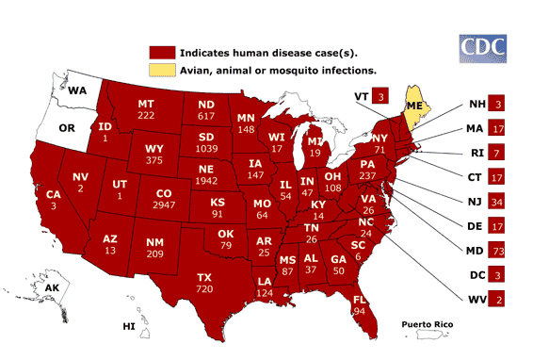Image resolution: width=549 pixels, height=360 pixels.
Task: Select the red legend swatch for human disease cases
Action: (x=160, y=52)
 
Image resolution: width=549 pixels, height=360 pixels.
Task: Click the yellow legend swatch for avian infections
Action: (x=160, y=70)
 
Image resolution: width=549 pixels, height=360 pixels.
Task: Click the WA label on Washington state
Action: (x=77, y=90)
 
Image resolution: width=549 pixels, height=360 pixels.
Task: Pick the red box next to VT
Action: (x=381, y=95)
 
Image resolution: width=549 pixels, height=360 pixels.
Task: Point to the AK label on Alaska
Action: (x=53, y=287)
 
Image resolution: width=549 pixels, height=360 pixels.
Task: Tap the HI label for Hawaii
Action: (x=129, y=326)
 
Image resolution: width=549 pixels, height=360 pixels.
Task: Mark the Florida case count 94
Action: (x=359, y=310)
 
